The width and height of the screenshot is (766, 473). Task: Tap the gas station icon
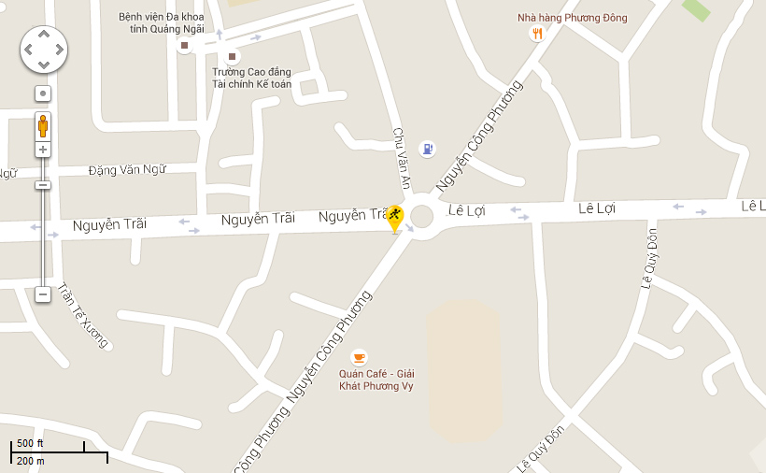tap(427, 148)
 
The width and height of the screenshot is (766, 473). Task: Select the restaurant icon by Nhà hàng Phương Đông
tap(536, 35)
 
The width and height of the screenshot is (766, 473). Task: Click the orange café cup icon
tap(359, 357)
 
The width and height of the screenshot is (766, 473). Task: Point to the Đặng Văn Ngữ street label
tap(127, 170)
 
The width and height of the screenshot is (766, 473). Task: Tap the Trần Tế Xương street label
tap(83, 316)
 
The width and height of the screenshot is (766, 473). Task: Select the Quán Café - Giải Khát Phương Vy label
tap(376, 380)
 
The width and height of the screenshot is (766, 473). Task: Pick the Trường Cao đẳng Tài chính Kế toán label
tap(251, 79)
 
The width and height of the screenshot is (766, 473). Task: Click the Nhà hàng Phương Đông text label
tap(573, 18)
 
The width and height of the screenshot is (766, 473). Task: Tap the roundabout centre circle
tap(421, 217)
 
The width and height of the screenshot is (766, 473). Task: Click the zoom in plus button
tap(43, 150)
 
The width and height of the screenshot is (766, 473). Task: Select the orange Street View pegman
tap(43, 125)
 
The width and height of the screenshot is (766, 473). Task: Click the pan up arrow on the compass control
tap(43, 34)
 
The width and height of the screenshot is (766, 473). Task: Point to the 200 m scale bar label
tap(30, 461)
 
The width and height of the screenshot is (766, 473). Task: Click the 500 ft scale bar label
tap(30, 443)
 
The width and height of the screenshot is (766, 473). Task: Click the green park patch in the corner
tap(696, 9)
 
